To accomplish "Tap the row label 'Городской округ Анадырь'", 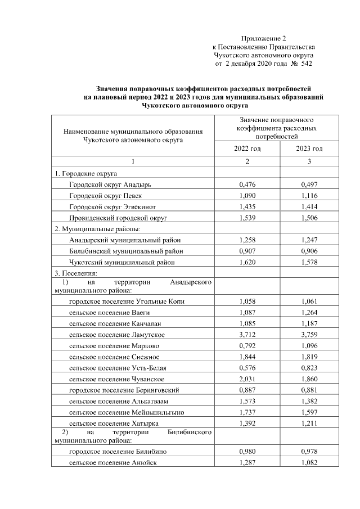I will coord(110,184).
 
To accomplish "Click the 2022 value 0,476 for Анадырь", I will coord(247,184).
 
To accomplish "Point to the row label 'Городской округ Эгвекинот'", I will coord(113,206).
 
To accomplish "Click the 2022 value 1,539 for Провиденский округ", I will coord(247,217).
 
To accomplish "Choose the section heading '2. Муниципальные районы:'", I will coord(97,229).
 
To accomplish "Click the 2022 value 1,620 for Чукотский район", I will coord(247,262).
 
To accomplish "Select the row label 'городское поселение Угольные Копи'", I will coord(127,301).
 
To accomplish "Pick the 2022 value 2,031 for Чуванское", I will coord(247,379).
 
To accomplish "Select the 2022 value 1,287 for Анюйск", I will coord(247,462).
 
